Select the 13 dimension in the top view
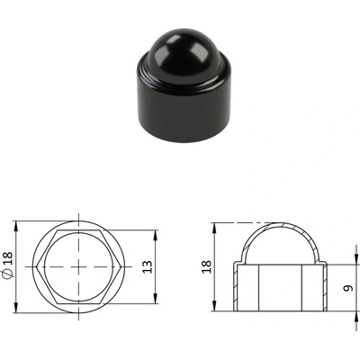(148, 266)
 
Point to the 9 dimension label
(348, 288)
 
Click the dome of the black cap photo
(184, 47)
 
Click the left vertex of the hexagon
(36, 266)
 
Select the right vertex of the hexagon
(121, 266)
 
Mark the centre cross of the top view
(78, 266)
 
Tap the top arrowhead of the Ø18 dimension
(16, 226)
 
